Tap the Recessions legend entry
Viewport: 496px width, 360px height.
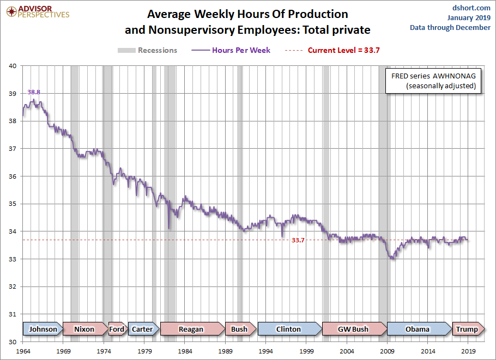pos(148,50)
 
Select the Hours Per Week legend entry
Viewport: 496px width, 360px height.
pos(231,50)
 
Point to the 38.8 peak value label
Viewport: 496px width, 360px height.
pos(34,93)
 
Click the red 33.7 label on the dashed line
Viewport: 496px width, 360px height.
pos(298,240)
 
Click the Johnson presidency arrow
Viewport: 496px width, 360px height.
pos(43,329)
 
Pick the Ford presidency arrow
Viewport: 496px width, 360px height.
pos(117,329)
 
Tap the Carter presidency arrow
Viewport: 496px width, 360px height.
pos(142,329)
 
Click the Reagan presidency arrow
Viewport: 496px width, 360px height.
pos(191,329)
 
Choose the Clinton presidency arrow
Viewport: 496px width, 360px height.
pos(288,329)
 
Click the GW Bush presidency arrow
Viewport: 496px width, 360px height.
pos(353,329)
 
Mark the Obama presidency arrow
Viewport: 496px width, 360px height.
pos(418,329)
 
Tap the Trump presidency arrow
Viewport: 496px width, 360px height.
pos(467,329)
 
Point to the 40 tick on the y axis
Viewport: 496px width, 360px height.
pos(13,66)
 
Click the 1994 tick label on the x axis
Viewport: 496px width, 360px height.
pos(266,352)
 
